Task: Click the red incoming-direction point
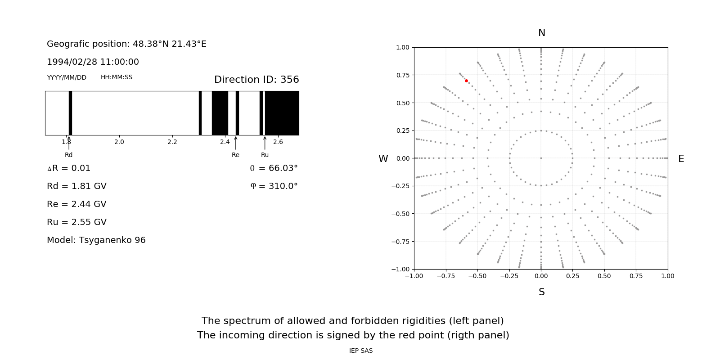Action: [x=466, y=81]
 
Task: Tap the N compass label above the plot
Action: [x=542, y=33]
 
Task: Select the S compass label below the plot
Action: [x=542, y=292]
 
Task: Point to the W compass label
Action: [x=383, y=159]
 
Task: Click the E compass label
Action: [x=681, y=159]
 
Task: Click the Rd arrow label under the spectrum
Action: [x=68, y=155]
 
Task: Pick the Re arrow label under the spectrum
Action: [x=235, y=155]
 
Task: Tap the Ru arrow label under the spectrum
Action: [x=265, y=155]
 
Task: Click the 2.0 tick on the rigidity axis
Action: [x=119, y=142]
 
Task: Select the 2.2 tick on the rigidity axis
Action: [x=172, y=142]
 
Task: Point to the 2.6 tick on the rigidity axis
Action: [x=278, y=142]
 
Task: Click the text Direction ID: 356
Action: [x=256, y=80]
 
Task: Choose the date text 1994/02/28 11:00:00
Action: [x=93, y=62]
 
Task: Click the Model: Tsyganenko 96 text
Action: [x=96, y=240]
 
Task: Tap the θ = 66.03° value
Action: [x=274, y=168]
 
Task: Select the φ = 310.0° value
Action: [x=274, y=186]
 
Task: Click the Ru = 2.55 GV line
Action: [x=76, y=222]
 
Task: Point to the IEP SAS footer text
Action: [x=361, y=351]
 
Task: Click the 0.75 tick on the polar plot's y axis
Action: [x=402, y=75]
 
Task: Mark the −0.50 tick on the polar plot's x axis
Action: [x=477, y=276]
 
